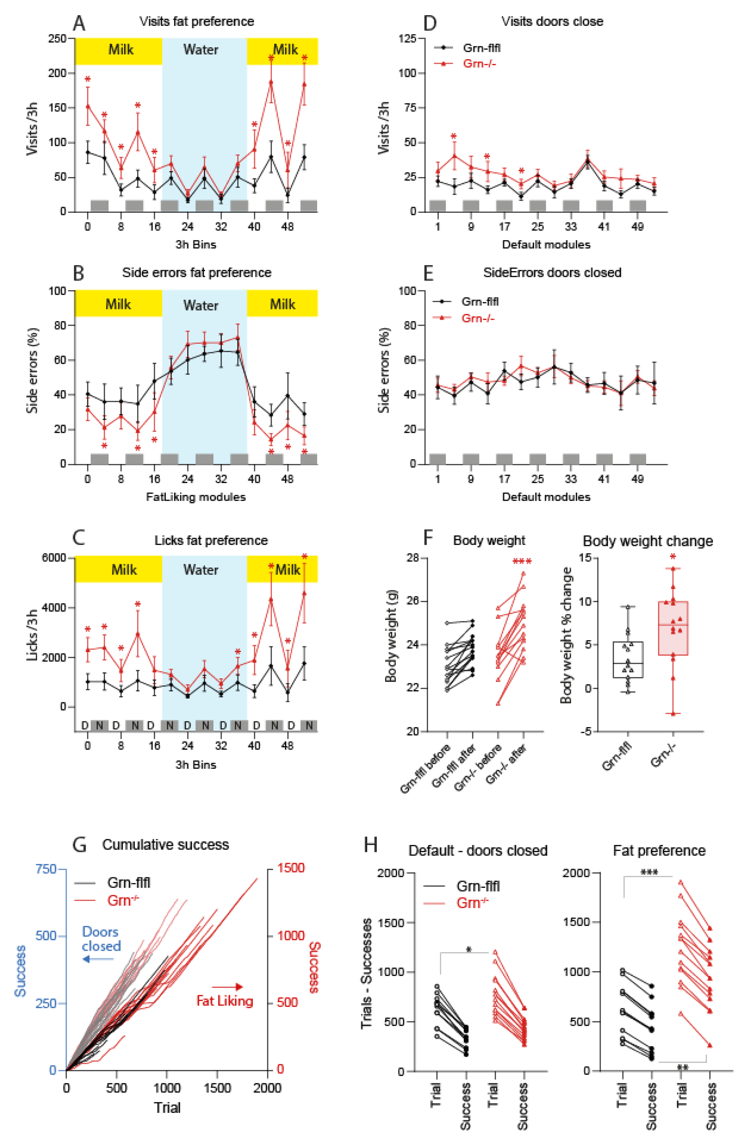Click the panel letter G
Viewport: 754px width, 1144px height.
click(x=79, y=845)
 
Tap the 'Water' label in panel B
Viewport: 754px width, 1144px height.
click(x=201, y=305)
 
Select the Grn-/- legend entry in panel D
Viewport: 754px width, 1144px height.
click(x=479, y=63)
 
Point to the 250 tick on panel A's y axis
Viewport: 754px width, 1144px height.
click(x=57, y=39)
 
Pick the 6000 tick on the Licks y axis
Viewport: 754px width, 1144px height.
click(x=54, y=558)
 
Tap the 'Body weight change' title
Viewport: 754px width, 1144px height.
click(x=648, y=541)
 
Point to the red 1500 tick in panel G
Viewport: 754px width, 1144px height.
click(x=291, y=868)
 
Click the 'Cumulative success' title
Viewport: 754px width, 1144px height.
click(x=165, y=845)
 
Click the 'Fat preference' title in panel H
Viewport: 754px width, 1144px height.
click(x=659, y=851)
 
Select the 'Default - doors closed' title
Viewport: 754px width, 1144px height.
click(x=478, y=851)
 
